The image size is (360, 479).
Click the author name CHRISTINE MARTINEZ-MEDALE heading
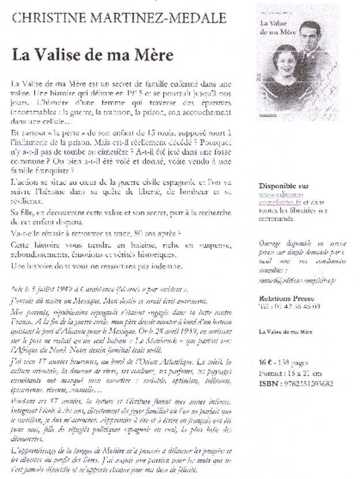[119, 18]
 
